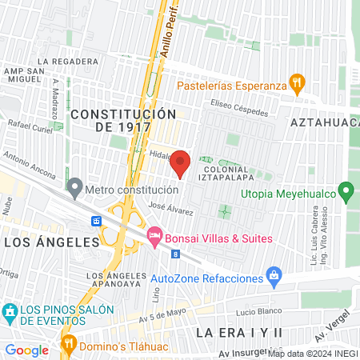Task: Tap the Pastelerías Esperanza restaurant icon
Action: (298, 82)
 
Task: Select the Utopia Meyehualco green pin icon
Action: (346, 191)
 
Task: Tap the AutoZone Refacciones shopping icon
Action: (274, 275)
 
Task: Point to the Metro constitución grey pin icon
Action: (75, 189)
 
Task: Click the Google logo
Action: (26, 350)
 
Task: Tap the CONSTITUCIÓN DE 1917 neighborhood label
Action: (122, 122)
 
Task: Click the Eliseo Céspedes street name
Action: (239, 107)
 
